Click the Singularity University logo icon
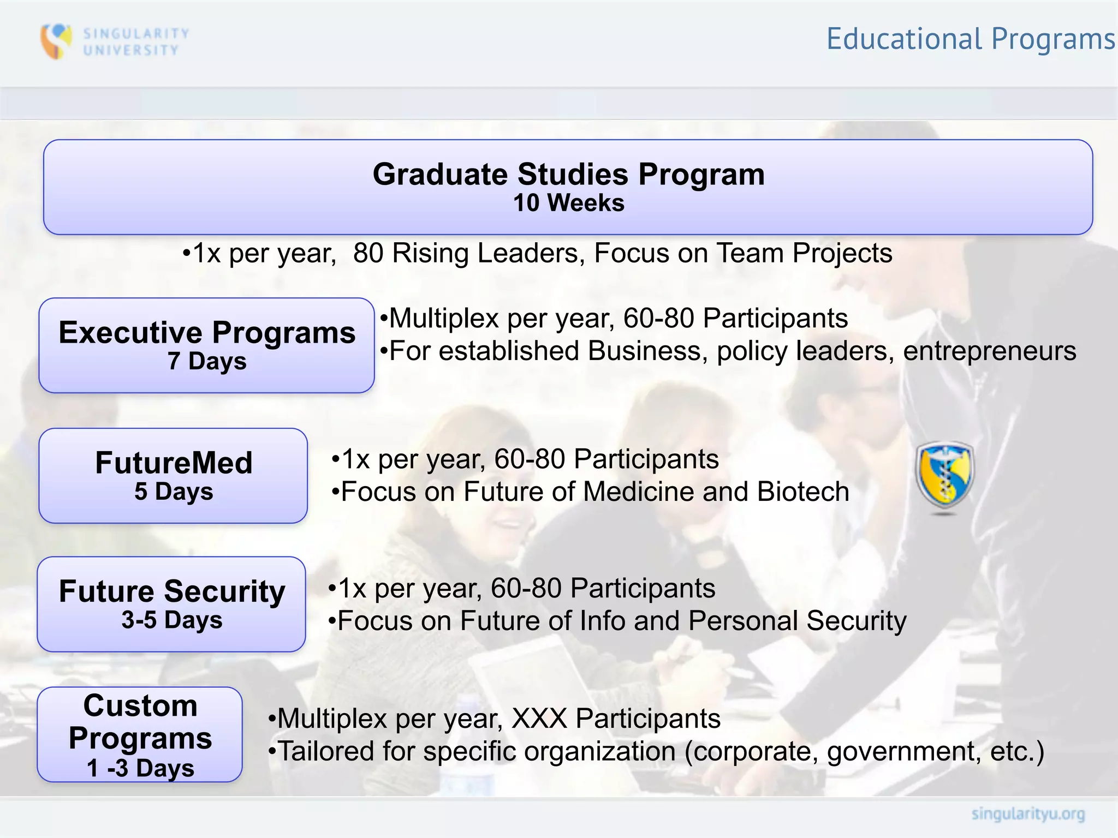[x=56, y=41]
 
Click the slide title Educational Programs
[x=970, y=39]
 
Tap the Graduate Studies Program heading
[x=568, y=175]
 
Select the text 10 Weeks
[x=568, y=203]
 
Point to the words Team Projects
[x=804, y=253]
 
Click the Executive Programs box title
[x=207, y=332]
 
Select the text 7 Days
[x=207, y=361]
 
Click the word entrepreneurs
[x=989, y=351]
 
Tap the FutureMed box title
[x=174, y=463]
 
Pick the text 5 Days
[x=174, y=492]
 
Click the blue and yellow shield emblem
[x=944, y=476]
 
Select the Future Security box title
[x=172, y=591]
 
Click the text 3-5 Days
[x=172, y=620]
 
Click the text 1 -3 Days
[x=140, y=768]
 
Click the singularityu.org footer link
[x=1028, y=815]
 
